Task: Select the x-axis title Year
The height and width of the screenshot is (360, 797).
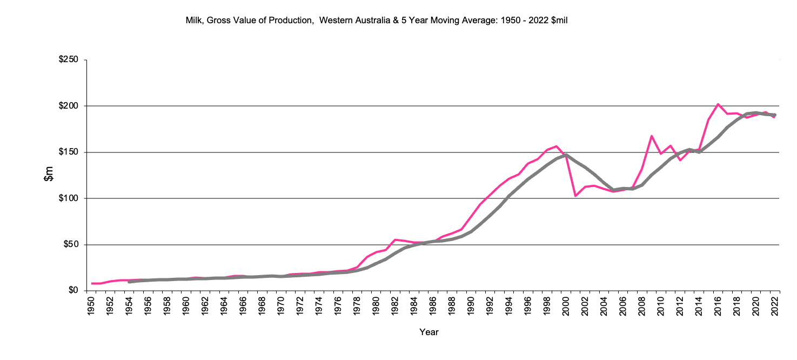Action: click(429, 332)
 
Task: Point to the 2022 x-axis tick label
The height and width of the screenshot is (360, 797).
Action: click(775, 306)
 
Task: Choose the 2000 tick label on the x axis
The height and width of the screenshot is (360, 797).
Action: click(566, 306)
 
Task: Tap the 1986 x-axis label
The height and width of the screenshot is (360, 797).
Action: click(433, 306)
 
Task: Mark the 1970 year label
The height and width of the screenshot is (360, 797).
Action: click(281, 306)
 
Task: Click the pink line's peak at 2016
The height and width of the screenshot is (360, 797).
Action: click(718, 104)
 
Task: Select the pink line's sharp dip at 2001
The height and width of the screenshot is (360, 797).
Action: click(575, 196)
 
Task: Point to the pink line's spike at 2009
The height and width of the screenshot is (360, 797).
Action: click(652, 136)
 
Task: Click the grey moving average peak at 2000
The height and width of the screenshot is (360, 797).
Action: click(566, 155)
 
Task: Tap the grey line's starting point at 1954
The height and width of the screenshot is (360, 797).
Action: click(129, 282)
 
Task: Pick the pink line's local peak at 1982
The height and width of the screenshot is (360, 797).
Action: click(395, 239)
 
